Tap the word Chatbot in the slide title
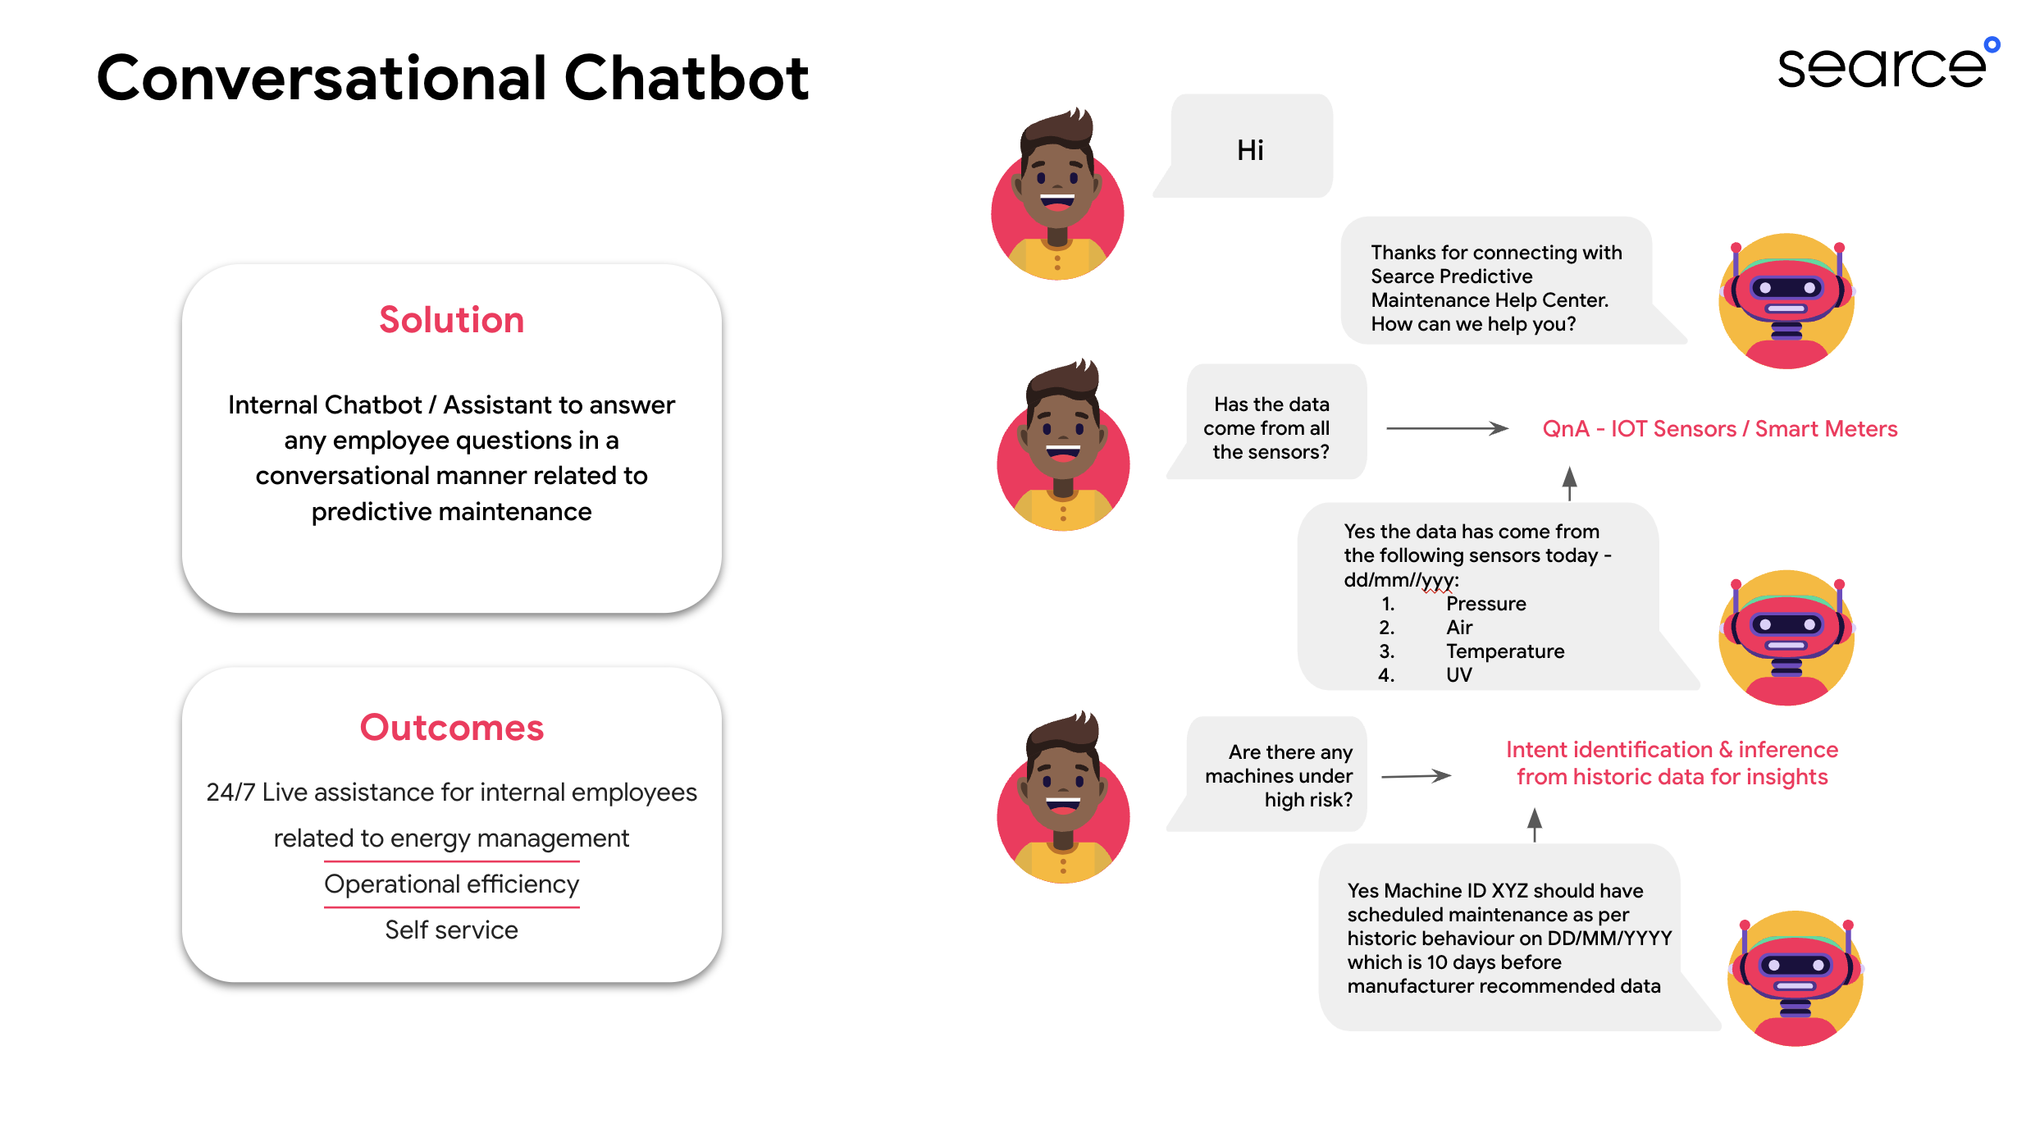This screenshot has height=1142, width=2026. [x=687, y=78]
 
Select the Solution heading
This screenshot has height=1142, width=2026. [x=451, y=320]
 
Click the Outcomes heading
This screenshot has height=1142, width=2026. [x=451, y=728]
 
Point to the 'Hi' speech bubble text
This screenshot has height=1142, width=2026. [x=1250, y=150]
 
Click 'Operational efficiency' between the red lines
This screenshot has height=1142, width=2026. [x=452, y=884]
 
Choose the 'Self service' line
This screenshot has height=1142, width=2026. [x=452, y=930]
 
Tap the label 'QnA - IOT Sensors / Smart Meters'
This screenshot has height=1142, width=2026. [x=1720, y=429]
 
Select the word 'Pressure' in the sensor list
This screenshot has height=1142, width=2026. [x=1486, y=604]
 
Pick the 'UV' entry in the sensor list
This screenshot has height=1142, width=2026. [x=1459, y=675]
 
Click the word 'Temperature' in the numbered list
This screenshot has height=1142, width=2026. [x=1505, y=651]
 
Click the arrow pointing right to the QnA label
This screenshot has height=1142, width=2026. [x=1447, y=428]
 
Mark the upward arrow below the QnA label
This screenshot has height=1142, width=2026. [x=1569, y=483]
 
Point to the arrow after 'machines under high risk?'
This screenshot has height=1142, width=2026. [x=1417, y=775]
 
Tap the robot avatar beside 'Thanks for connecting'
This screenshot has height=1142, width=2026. [x=1786, y=301]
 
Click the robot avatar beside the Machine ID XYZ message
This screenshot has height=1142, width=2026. [x=1796, y=978]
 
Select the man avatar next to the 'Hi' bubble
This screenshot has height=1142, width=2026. [x=1057, y=194]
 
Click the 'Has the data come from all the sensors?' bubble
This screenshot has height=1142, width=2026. [x=1268, y=422]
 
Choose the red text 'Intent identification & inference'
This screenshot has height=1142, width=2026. [x=1672, y=750]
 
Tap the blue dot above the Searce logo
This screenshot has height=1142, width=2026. [x=1992, y=44]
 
